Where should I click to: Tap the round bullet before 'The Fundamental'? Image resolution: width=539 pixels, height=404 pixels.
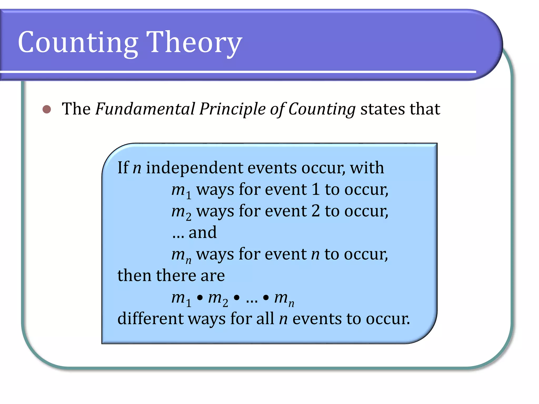47,109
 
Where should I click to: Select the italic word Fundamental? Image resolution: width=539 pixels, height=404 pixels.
145,109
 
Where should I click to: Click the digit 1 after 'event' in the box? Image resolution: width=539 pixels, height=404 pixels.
316,189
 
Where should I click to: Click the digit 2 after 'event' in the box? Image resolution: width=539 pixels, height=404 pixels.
316,211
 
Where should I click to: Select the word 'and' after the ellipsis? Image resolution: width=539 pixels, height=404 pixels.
203,233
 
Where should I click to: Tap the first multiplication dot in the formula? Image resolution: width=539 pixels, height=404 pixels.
200,298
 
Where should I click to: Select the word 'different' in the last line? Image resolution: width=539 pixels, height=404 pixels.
150,319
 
